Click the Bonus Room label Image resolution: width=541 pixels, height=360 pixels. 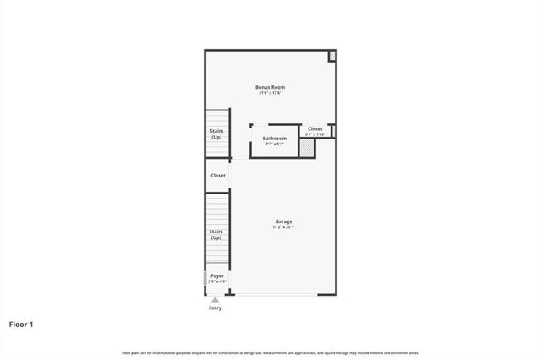(270, 87)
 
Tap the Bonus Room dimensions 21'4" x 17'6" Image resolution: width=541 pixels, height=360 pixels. (270, 93)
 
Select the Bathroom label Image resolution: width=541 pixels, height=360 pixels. (275, 138)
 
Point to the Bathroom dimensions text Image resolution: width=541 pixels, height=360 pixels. (275, 144)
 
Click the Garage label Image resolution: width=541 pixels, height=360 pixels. (283, 221)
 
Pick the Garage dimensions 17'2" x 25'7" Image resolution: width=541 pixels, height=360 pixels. (283, 227)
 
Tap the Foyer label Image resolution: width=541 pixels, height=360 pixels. (217, 275)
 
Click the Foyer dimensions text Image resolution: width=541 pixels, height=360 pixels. (217, 281)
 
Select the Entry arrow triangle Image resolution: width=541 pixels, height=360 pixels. (216, 299)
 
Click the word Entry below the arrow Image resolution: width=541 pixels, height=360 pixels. (216, 308)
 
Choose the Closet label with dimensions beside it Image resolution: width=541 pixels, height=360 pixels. (314, 128)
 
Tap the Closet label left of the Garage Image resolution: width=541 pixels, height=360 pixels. (218, 176)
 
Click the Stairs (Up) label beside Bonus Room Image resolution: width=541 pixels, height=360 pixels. (217, 134)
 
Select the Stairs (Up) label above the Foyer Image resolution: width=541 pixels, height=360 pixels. (217, 234)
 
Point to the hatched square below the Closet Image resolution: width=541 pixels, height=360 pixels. (307, 149)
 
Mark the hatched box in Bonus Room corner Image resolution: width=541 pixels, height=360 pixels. (332, 56)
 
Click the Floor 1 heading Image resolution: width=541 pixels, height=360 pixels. (22, 324)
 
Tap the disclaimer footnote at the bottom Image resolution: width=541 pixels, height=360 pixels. (270, 352)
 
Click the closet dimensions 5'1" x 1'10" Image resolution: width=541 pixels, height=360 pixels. (314, 134)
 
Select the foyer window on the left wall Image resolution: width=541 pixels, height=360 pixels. (205, 279)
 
